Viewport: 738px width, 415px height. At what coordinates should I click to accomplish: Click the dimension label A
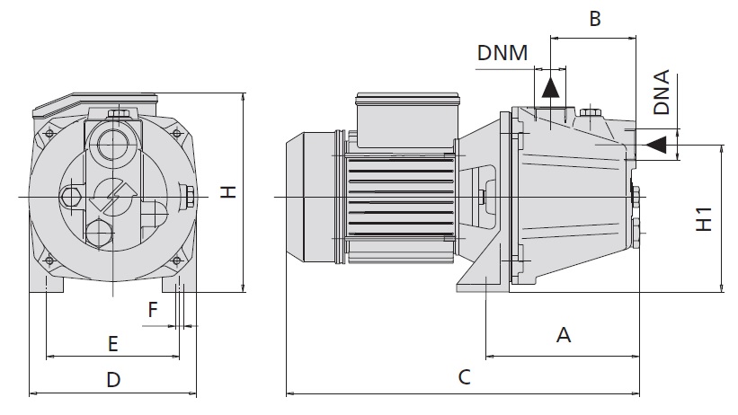tap(564, 335)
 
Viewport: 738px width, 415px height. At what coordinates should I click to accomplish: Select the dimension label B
tap(594, 18)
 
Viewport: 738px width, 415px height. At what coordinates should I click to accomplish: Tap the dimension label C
tap(464, 377)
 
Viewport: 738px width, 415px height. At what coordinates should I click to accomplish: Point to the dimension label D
tap(112, 380)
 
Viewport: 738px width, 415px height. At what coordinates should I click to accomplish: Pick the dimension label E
tap(112, 343)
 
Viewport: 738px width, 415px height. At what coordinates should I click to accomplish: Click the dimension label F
tap(153, 311)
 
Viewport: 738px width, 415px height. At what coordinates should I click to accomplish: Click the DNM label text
tap(502, 53)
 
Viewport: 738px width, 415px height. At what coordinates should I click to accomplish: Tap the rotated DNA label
tap(662, 93)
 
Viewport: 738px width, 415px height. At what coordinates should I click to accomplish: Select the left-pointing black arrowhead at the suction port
tap(656, 142)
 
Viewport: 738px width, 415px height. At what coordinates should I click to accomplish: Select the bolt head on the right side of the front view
tap(190, 196)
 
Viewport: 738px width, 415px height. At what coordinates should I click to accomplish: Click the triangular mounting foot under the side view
tap(486, 269)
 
